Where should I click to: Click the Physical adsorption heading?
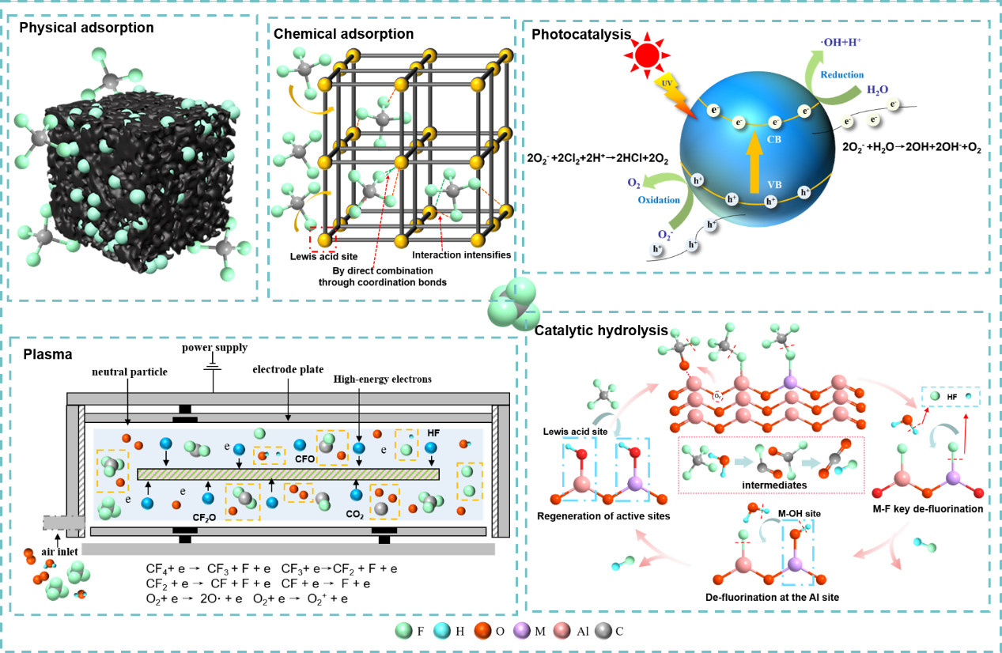tap(86, 28)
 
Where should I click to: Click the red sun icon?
tap(645, 55)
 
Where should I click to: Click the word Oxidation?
tap(659, 199)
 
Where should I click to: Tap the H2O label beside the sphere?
tap(878, 90)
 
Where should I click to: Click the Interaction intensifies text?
tap(462, 255)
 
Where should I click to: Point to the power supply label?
tap(214, 348)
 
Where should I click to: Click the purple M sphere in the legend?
tap(520, 631)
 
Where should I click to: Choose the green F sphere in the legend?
tap(403, 631)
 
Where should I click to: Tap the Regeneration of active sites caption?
tap(603, 516)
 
